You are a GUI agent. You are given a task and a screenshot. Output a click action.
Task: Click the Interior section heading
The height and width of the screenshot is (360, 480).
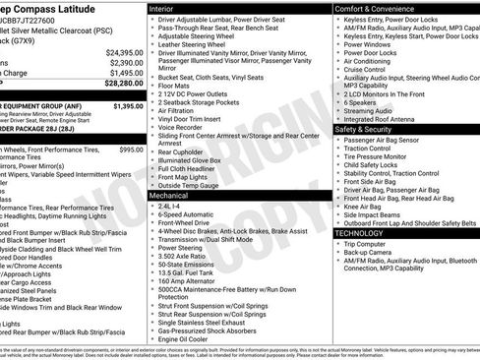click(167, 7)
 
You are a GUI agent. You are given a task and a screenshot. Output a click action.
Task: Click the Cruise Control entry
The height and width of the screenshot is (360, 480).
click(369, 69)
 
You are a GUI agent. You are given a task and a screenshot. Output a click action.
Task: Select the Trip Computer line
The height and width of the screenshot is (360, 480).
click(371, 243)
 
